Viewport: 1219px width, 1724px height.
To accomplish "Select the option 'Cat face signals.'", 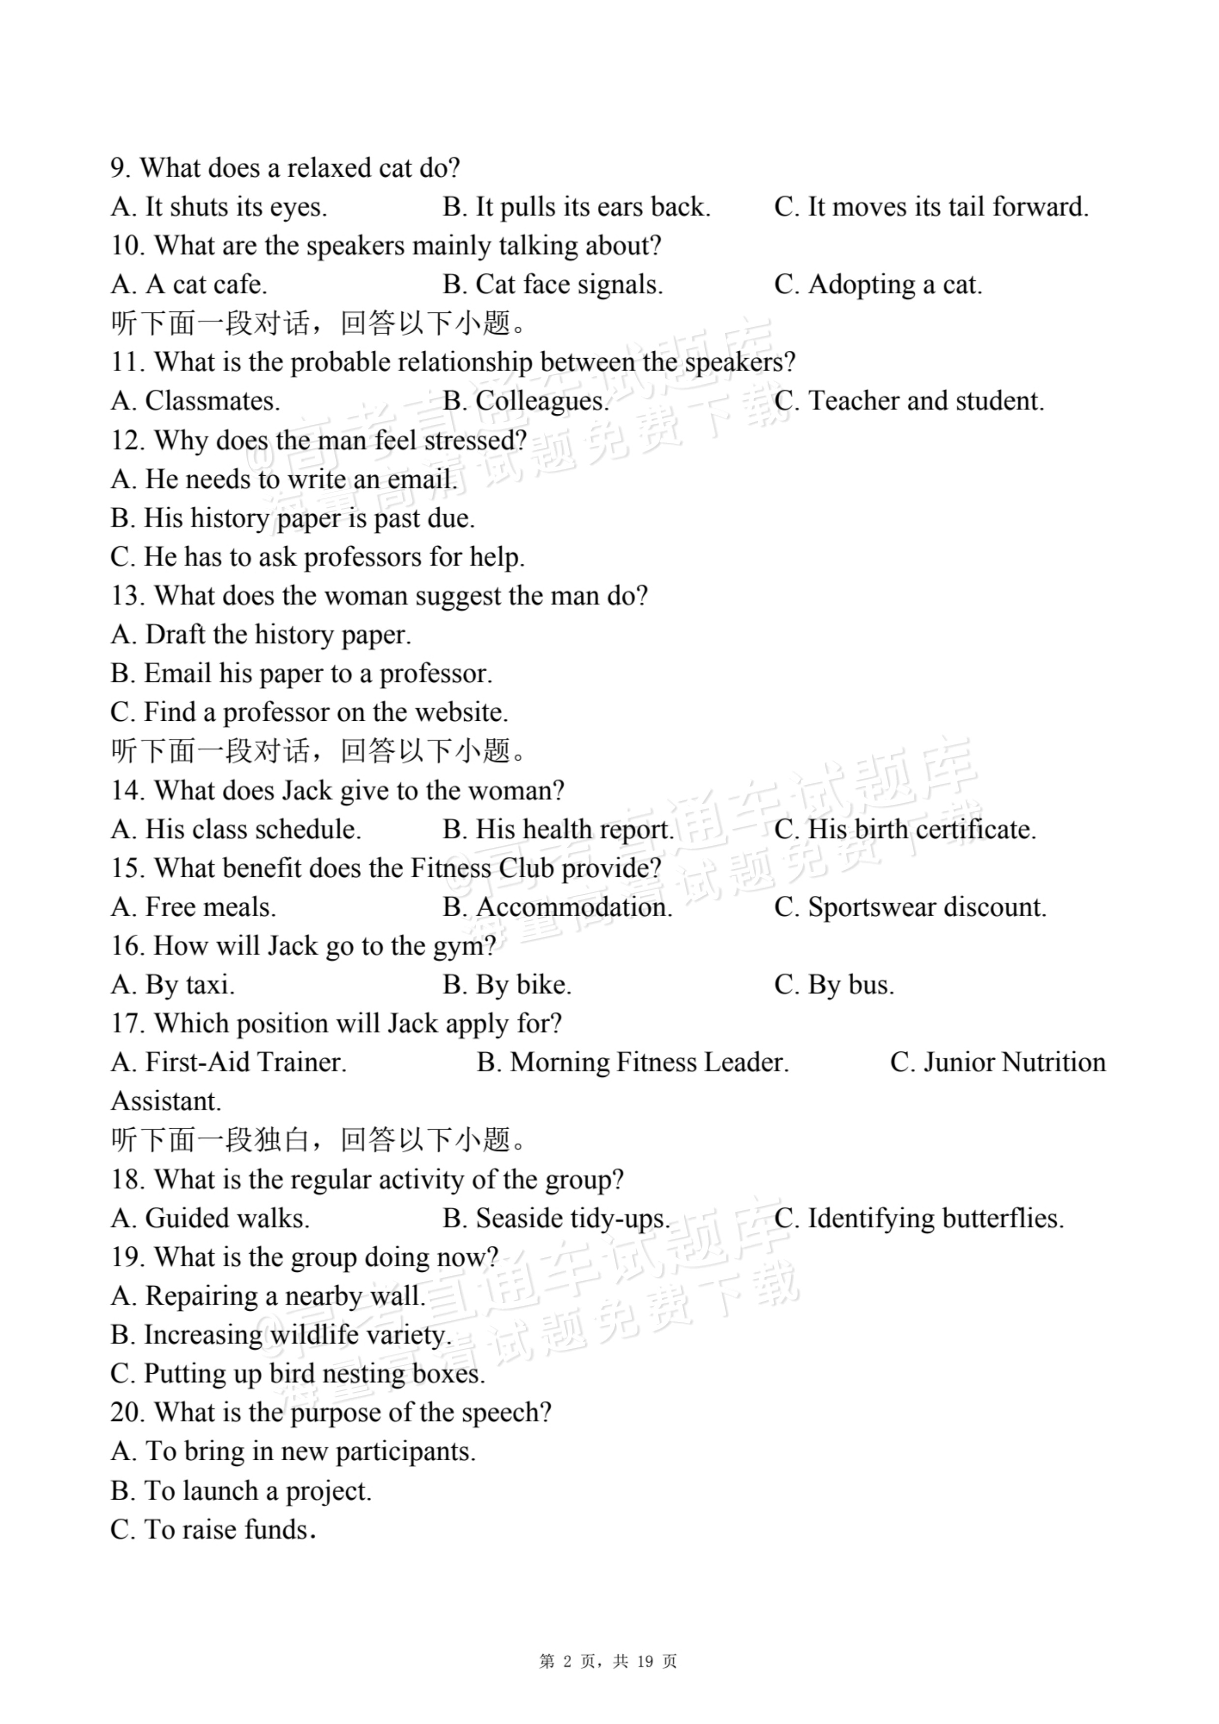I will (x=553, y=284).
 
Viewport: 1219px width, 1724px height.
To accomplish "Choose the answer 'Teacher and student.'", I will (x=909, y=401).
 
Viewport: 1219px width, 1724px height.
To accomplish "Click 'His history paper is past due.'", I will (x=293, y=518).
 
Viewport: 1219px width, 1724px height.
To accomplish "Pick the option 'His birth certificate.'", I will (x=905, y=830).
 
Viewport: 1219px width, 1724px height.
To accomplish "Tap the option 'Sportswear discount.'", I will (x=911, y=907).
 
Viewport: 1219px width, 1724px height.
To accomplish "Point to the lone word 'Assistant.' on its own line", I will (x=166, y=1102).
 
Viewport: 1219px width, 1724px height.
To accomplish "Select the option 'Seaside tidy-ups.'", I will (x=556, y=1218).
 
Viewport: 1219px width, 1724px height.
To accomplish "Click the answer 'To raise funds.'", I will (x=213, y=1530).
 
